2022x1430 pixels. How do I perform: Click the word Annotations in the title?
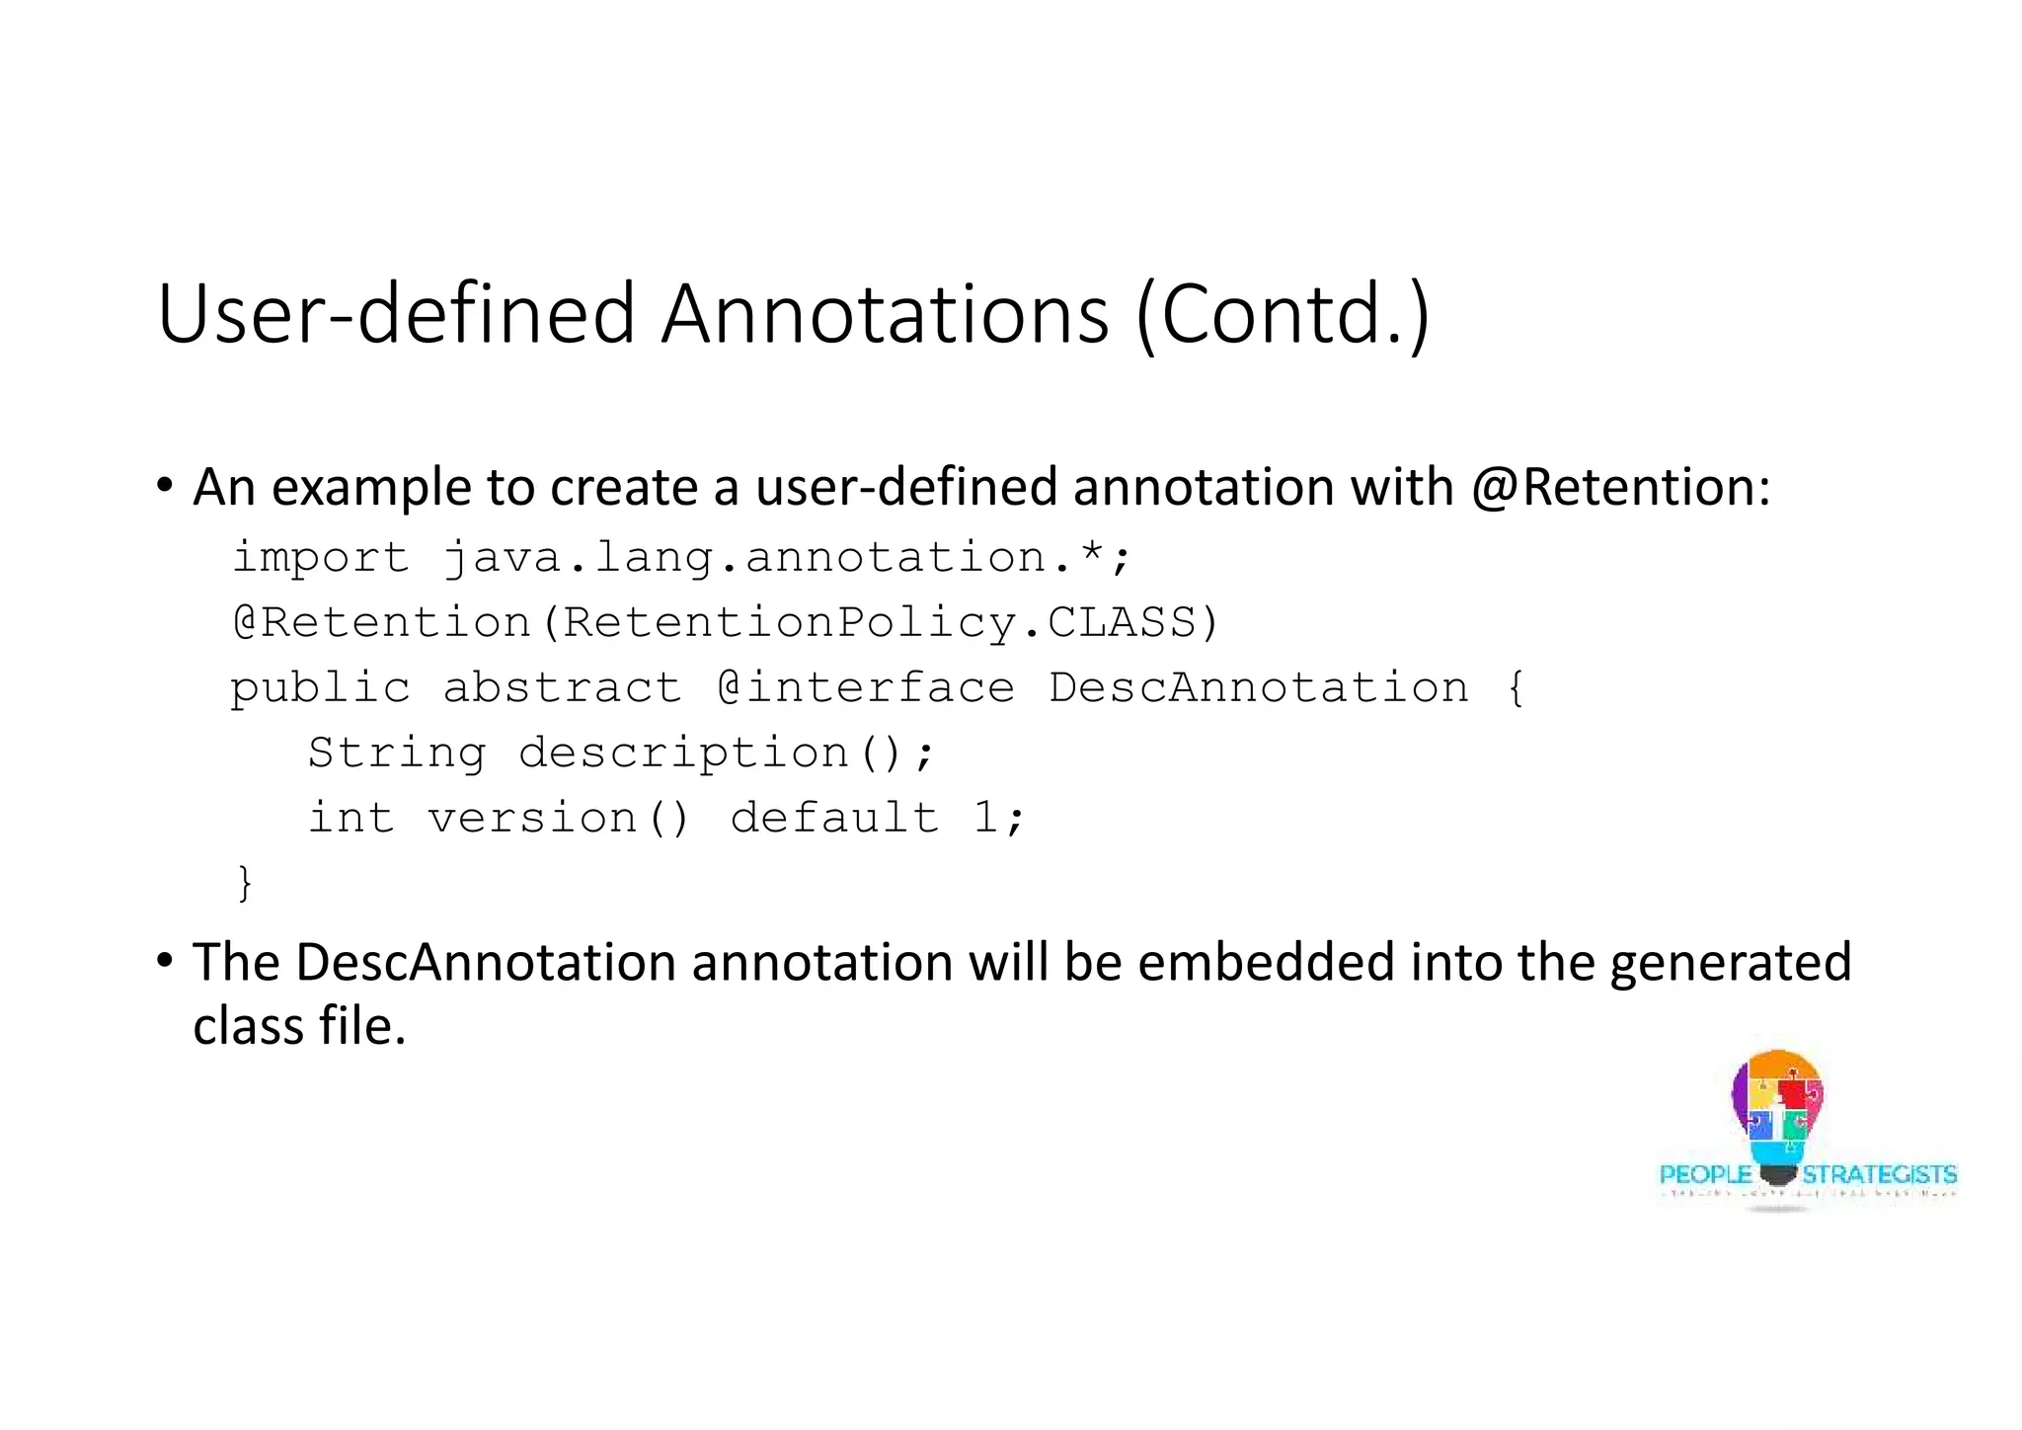[885, 314]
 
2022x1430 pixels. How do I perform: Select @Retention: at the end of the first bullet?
[1620, 487]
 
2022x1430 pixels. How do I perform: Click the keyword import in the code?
[320, 558]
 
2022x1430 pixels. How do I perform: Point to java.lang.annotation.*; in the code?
[786, 558]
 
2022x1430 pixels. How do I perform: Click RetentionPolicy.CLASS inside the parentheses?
[879, 623]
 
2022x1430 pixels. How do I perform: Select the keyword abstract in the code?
[562, 688]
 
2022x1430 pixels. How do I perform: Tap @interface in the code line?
[866, 688]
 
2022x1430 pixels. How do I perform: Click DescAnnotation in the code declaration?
[1258, 688]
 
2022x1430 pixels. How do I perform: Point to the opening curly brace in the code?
[1516, 688]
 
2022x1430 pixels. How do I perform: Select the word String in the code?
[397, 754]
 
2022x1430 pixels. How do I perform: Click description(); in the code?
[726, 754]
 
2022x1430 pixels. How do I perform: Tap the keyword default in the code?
[834, 819]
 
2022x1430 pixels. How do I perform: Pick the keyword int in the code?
[350, 819]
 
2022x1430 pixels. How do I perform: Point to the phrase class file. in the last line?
[299, 1026]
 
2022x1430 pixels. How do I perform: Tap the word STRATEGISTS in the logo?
[1879, 1174]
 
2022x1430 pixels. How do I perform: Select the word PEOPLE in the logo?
[1705, 1174]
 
